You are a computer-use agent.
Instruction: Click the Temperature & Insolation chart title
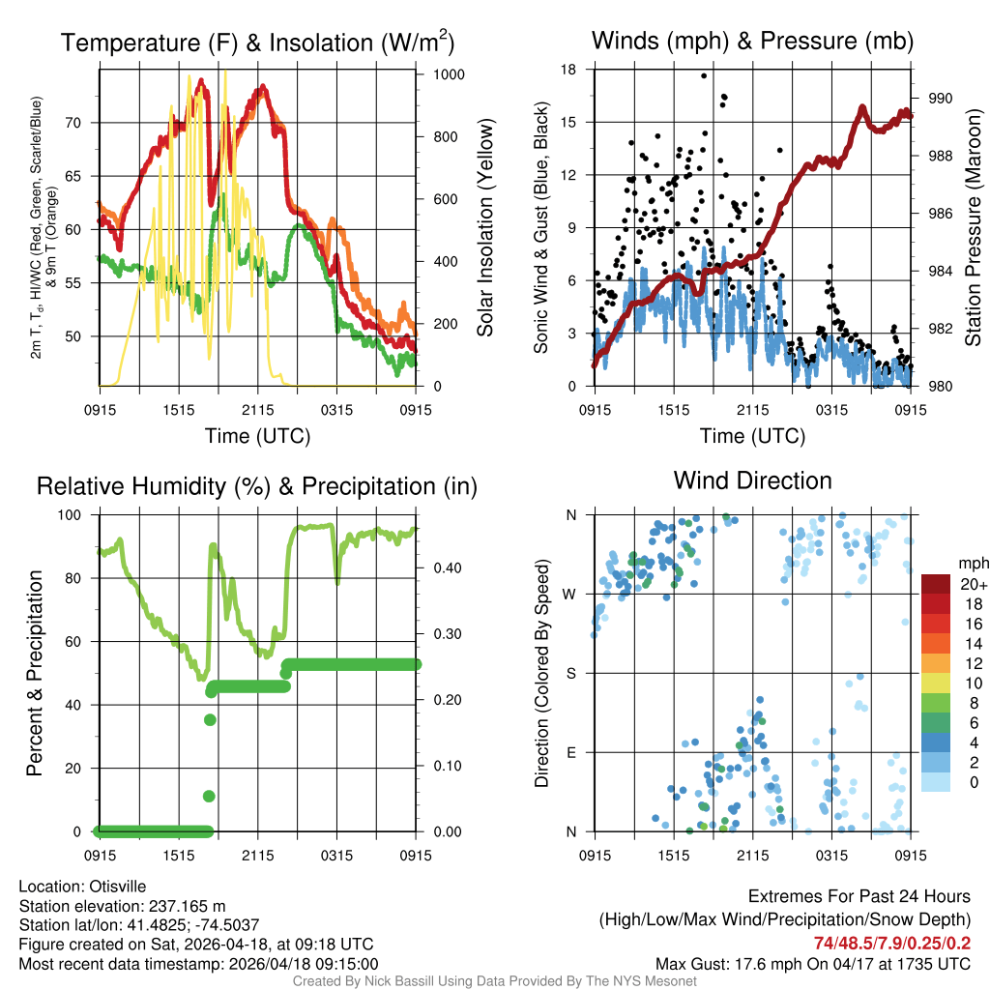click(257, 43)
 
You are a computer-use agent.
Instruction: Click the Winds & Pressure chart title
click(752, 41)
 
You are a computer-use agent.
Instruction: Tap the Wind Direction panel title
click(752, 480)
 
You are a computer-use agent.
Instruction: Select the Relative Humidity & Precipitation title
click(257, 486)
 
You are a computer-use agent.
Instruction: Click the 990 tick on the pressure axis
click(941, 98)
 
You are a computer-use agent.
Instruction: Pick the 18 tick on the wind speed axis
click(568, 70)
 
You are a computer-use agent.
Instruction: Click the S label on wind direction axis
click(570, 673)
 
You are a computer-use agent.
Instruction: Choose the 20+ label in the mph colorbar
click(973, 585)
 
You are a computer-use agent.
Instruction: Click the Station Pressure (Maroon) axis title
click(974, 228)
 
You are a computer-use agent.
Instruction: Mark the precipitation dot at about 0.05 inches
click(209, 796)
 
